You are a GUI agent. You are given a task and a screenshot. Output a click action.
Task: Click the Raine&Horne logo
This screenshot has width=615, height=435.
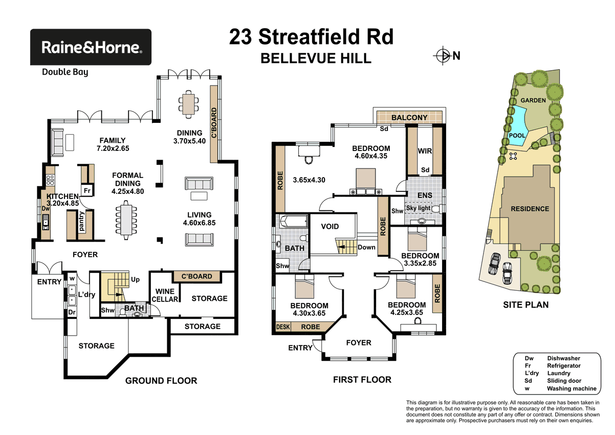[91, 47]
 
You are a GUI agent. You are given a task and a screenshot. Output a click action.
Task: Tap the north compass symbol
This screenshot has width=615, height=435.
[441, 55]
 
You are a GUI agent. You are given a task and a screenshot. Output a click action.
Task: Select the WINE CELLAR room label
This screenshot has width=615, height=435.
[165, 295]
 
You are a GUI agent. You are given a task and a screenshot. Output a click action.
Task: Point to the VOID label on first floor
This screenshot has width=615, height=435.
[330, 226]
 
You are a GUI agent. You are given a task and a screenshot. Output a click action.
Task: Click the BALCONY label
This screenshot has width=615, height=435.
[409, 118]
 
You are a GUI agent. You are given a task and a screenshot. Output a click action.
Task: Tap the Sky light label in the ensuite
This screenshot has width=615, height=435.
[418, 208]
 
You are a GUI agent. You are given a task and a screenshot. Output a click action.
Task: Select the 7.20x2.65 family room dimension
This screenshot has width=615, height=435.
[113, 150]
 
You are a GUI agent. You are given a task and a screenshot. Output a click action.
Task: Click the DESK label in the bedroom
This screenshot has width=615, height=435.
[282, 327]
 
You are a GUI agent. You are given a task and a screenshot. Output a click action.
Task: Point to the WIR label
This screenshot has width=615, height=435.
[425, 151]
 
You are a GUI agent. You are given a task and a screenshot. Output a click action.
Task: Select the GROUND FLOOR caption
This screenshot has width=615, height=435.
[161, 381]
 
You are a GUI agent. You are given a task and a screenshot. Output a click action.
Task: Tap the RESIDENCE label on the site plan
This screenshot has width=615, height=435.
[530, 209]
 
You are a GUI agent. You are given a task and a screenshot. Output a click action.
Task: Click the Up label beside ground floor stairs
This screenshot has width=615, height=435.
[136, 280]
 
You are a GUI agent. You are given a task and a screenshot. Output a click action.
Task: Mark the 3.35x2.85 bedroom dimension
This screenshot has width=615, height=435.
[420, 264]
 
